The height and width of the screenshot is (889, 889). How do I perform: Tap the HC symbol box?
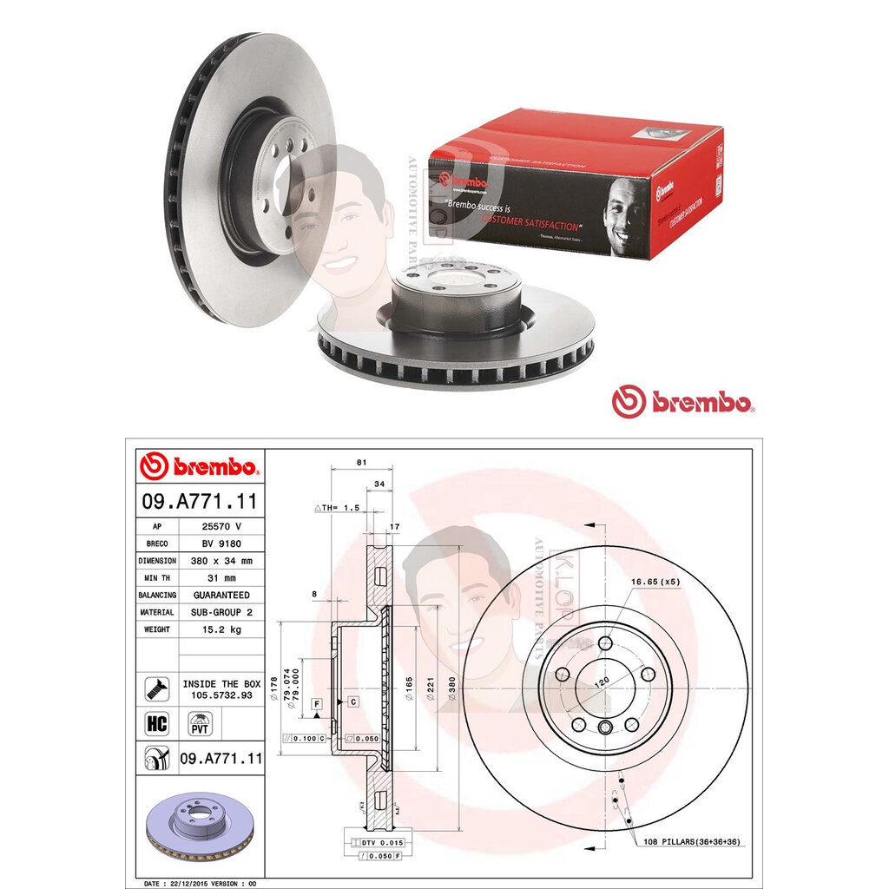(x=157, y=722)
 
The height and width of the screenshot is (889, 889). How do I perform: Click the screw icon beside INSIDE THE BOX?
(x=157, y=689)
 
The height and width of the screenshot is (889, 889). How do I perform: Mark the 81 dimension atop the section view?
(x=359, y=463)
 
